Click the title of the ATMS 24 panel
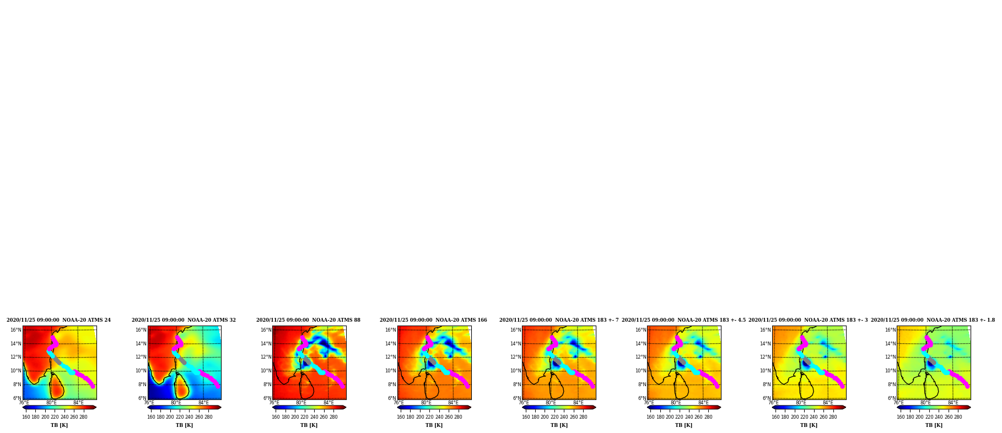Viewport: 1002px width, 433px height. pos(58,320)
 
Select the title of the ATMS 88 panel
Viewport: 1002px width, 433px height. pos(308,320)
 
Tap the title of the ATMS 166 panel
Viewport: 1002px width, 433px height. pos(433,320)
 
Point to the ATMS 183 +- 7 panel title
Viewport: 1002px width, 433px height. pos(559,320)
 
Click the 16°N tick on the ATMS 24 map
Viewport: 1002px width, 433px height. pos(16,331)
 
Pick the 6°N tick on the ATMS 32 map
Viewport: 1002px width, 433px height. pos(142,398)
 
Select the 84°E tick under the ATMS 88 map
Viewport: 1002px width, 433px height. pos(328,403)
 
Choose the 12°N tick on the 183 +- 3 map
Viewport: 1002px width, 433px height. pos(766,358)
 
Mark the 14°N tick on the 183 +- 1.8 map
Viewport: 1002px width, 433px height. pos(891,344)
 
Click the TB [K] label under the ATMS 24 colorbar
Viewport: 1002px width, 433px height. pos(60,425)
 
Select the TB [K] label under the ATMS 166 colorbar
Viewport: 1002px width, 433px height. pos(434,425)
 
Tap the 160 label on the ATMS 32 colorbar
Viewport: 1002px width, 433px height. pos(151,417)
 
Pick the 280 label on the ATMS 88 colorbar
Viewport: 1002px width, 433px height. pos(333,417)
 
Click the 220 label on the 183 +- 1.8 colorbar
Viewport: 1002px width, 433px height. pos(929,417)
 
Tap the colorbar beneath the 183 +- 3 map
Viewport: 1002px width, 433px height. pos(809,408)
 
